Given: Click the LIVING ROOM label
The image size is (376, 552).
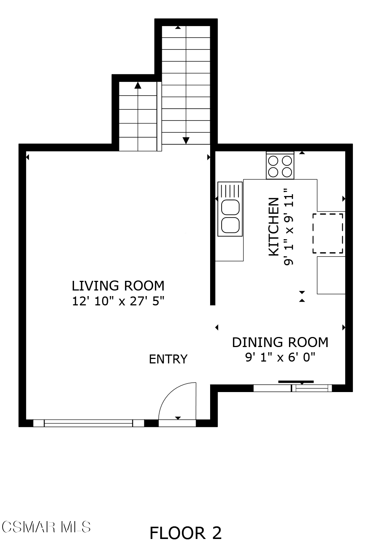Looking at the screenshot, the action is pyautogui.click(x=118, y=286).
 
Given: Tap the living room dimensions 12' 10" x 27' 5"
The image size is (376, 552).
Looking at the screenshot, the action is pyautogui.click(x=118, y=301).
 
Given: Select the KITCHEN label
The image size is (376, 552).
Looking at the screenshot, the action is pyautogui.click(x=273, y=227).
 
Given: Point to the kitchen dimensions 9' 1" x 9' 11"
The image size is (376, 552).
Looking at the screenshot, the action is pyautogui.click(x=289, y=227).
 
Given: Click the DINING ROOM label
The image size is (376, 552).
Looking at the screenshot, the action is pyautogui.click(x=280, y=342).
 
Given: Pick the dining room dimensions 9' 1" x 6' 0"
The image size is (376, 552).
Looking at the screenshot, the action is pyautogui.click(x=280, y=357).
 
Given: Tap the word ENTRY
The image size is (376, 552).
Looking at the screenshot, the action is pyautogui.click(x=168, y=359).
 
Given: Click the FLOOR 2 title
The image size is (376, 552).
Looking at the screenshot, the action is pyautogui.click(x=186, y=533).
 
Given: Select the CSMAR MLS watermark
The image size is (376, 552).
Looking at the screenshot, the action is pyautogui.click(x=46, y=527).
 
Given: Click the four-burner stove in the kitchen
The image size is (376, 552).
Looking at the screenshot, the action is pyautogui.click(x=280, y=166).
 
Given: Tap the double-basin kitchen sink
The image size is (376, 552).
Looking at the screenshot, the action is pyautogui.click(x=230, y=209).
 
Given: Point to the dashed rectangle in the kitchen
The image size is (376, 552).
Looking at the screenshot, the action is pyautogui.click(x=328, y=233).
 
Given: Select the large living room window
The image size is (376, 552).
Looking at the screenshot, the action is pyautogui.click(x=89, y=423).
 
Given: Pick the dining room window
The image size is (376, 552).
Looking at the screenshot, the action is pyautogui.click(x=293, y=388).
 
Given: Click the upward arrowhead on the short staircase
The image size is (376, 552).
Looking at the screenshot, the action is pyautogui.click(x=138, y=85).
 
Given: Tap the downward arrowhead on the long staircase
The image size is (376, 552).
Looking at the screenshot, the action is pyautogui.click(x=186, y=141).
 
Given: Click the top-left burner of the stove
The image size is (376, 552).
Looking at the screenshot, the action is pyautogui.click(x=273, y=161).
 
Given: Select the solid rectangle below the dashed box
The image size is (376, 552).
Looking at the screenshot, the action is pyautogui.click(x=331, y=275).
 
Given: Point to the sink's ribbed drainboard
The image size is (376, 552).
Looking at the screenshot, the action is pyautogui.click(x=230, y=191).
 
